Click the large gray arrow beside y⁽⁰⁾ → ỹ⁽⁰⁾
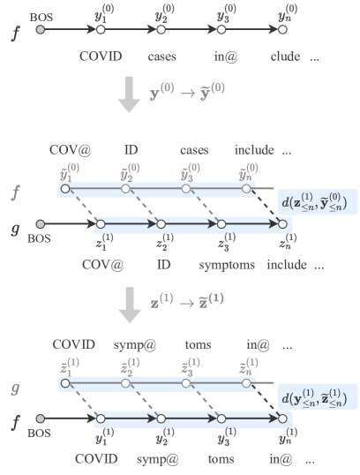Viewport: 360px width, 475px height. [x=129, y=95]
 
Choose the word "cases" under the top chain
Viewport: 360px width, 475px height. [x=162, y=57]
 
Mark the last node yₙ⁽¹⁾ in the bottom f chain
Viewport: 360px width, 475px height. [x=282, y=418]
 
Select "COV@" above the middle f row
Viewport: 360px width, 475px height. [x=72, y=148]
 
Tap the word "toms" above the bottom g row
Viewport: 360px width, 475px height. [x=196, y=343]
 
